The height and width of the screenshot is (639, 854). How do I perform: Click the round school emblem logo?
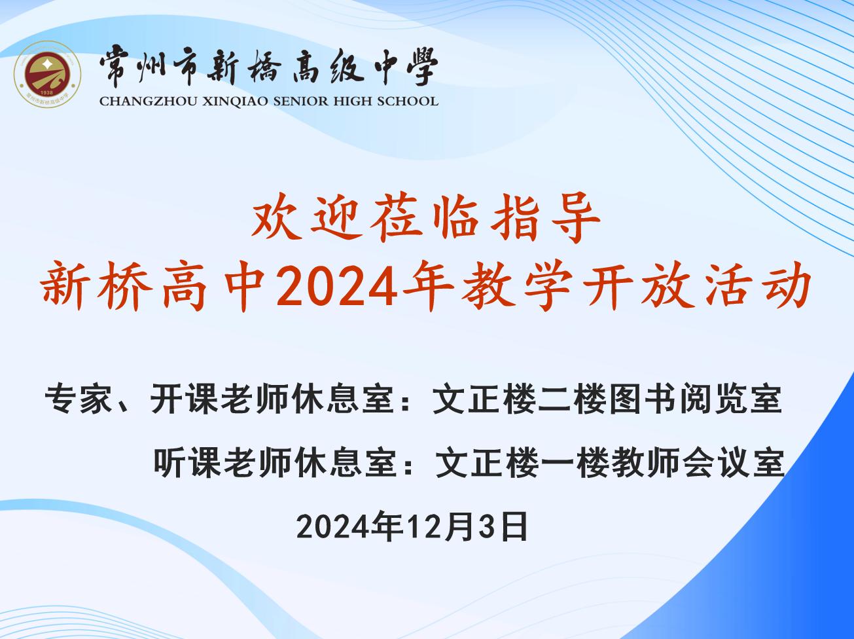[x=48, y=75]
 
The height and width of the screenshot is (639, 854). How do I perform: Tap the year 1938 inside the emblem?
[x=46, y=92]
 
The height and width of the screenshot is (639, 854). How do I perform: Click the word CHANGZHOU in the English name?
[x=149, y=101]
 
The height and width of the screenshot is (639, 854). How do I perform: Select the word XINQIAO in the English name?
[x=236, y=101]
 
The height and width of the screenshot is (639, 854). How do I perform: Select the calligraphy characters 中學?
[x=406, y=66]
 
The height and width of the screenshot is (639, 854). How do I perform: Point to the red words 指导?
[x=545, y=217]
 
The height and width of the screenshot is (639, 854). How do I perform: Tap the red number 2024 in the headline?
[x=337, y=286]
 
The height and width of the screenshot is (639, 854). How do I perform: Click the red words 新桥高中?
[x=152, y=286]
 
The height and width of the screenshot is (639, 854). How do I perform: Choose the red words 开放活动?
[x=697, y=286]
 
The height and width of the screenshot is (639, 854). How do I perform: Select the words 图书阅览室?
[x=696, y=399]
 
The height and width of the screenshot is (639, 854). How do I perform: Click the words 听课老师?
[x=222, y=463]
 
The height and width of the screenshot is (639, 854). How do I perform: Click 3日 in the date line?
[x=503, y=526]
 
